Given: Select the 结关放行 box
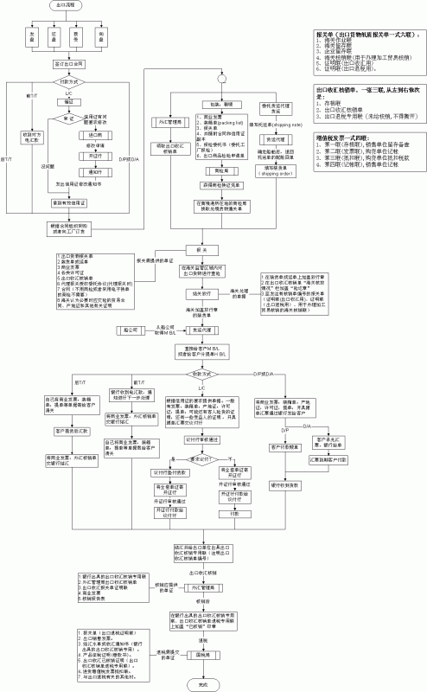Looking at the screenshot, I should tap(203, 294).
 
